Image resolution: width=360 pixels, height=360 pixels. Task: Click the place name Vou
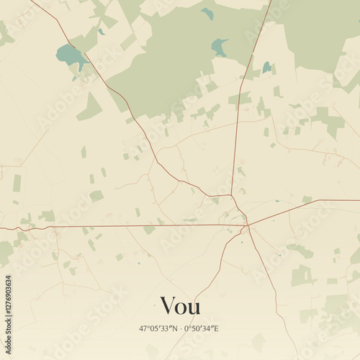pos(180,306)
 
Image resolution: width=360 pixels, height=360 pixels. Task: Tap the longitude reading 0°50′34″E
pos(202,329)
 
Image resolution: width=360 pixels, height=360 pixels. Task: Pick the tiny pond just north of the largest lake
pos(101,32)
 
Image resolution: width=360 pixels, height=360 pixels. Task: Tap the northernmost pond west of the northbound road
pos(207,13)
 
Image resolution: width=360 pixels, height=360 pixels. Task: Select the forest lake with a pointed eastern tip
pos(219,48)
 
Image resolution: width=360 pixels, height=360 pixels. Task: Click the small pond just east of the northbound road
pos(267,67)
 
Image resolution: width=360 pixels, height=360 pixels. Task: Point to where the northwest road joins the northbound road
pos(231,194)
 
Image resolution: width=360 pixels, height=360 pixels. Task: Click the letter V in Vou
pos(168,306)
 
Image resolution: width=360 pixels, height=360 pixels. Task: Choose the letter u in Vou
pos(194,308)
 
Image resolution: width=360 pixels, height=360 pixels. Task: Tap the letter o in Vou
pos(181,308)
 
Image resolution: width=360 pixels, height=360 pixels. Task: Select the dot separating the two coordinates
pos(180,329)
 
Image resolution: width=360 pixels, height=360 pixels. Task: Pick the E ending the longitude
pos(217,329)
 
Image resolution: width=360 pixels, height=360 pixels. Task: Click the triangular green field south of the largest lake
pos(91,108)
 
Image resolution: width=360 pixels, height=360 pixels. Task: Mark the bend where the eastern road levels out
pos(318,201)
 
